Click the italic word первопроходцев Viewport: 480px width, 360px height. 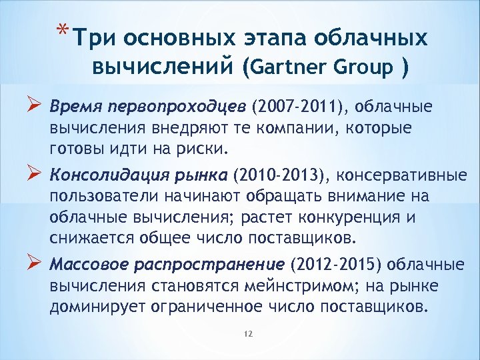point(170,108)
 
